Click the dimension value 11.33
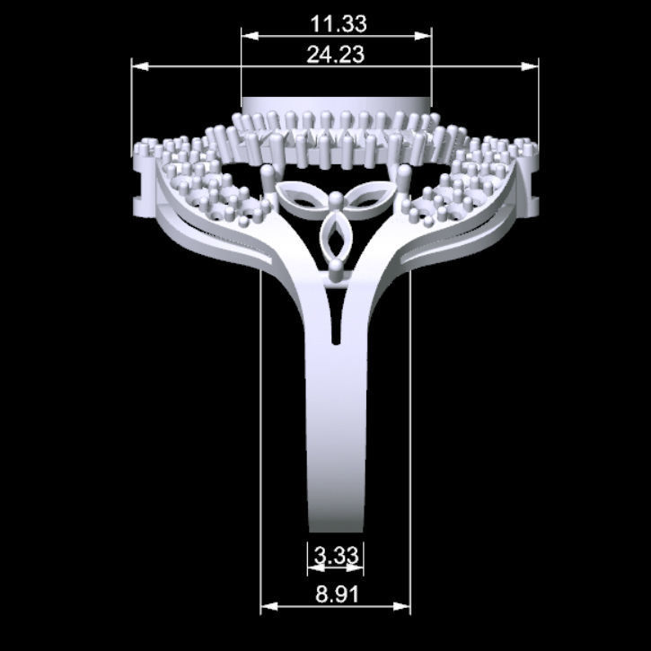pyautogui.click(x=336, y=23)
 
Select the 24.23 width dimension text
pyautogui.click(x=335, y=55)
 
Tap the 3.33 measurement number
pyautogui.click(x=336, y=556)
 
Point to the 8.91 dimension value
pyautogui.click(x=336, y=594)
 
